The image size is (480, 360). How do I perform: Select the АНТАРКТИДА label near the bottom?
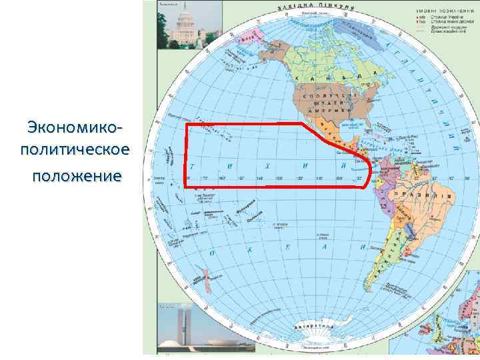pos(313,327)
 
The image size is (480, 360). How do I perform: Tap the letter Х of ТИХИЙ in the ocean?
pos(267,165)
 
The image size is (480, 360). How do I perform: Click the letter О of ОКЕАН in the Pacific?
pos(211,253)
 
